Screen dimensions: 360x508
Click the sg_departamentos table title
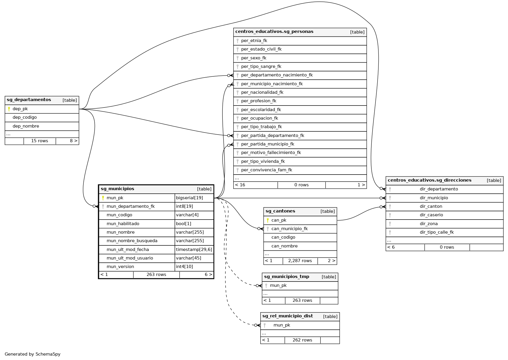(x=29, y=100)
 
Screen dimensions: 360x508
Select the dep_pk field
(x=20, y=109)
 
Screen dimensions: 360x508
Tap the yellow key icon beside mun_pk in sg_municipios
(x=103, y=198)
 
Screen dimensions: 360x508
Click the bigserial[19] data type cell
(x=190, y=198)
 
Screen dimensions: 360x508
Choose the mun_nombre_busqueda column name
(x=132, y=241)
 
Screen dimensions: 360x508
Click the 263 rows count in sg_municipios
(x=156, y=274)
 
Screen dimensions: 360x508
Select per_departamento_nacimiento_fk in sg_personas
(x=277, y=75)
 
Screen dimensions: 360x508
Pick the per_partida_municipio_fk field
(x=267, y=144)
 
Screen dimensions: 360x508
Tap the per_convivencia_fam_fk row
(x=266, y=170)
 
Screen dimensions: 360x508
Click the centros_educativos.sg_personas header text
(x=274, y=32)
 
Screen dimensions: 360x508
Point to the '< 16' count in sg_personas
(x=240, y=185)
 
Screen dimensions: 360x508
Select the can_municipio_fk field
(x=289, y=229)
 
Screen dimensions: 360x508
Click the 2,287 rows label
(x=300, y=261)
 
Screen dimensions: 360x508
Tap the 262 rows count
(x=302, y=340)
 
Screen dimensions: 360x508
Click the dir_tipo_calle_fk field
(x=437, y=232)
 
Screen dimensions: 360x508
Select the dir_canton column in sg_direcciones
(x=431, y=206)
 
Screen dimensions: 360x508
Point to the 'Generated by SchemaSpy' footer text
(x=33, y=354)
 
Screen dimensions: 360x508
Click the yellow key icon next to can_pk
(x=268, y=220)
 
